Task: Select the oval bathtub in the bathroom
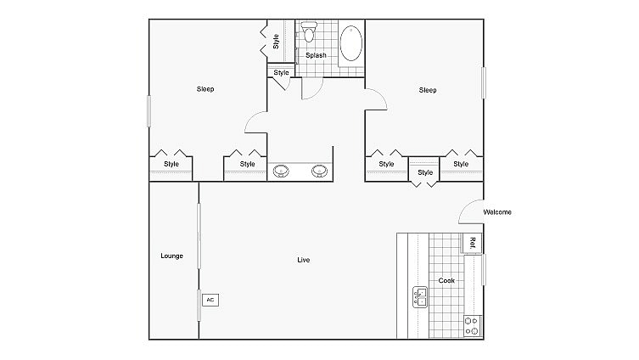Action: point(350,44)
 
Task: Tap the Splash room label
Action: point(316,55)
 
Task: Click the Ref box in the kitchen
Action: point(472,244)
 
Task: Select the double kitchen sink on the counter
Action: point(420,296)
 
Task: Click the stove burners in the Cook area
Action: point(472,325)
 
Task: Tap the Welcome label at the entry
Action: point(497,212)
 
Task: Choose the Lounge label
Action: point(172,256)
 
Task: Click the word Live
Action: point(303,260)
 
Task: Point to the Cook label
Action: point(446,280)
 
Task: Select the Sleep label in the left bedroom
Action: point(205,89)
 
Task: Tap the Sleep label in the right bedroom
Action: point(428,89)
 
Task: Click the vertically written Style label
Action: point(276,41)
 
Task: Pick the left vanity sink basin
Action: point(283,171)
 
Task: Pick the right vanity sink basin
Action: point(320,171)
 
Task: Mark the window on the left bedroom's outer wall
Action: point(149,111)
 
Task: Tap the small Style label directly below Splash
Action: point(281,73)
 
